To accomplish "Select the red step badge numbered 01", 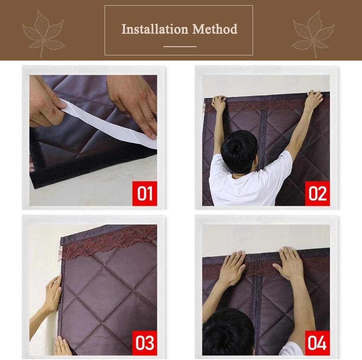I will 145,193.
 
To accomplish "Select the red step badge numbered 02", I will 317,193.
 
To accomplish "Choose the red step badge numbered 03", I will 145,343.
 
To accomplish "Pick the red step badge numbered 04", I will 317,343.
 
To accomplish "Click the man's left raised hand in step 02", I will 219,103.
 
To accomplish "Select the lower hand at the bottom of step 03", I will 62,346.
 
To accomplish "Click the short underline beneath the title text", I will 180,46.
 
